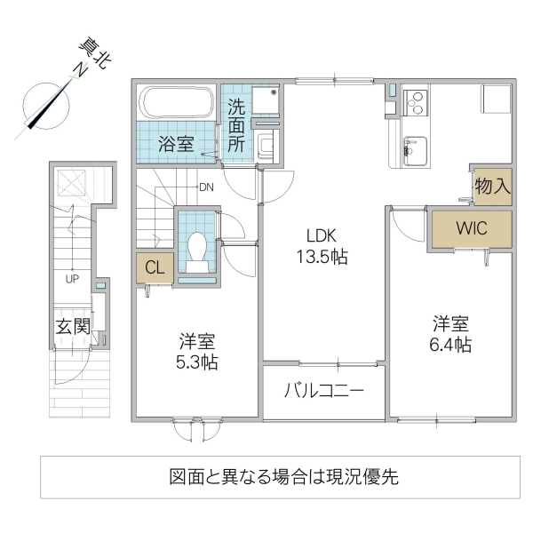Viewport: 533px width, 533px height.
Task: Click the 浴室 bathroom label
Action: pyautogui.click(x=177, y=144)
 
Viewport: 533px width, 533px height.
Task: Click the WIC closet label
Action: pyautogui.click(x=471, y=227)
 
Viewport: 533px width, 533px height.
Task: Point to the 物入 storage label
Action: pyautogui.click(x=491, y=187)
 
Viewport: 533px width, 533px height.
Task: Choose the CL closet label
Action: pyautogui.click(x=155, y=267)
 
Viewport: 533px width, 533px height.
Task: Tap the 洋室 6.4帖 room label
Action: pyautogui.click(x=451, y=334)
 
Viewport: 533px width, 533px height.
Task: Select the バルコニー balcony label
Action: pyautogui.click(x=324, y=390)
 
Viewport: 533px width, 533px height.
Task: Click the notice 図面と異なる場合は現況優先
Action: pyautogui.click(x=283, y=476)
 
